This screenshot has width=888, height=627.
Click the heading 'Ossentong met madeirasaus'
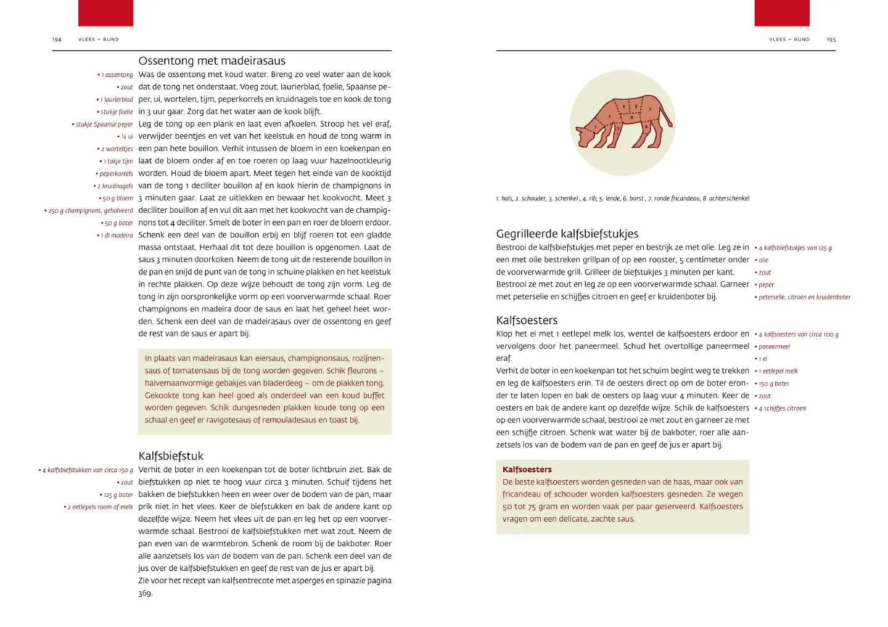click(x=212, y=61)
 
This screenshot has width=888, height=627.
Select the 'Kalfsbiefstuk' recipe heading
click(x=171, y=456)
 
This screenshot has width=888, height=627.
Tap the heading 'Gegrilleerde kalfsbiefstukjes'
click(x=567, y=234)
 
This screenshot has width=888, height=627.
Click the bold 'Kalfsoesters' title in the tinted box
click(x=527, y=470)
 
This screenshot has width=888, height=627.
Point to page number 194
click(x=57, y=39)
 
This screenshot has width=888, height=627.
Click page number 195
click(x=831, y=39)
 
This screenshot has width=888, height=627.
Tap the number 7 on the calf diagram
click(x=649, y=109)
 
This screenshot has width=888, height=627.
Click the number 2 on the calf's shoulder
click(x=609, y=116)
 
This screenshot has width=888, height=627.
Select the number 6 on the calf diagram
click(x=631, y=117)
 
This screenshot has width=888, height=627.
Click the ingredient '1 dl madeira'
click(x=117, y=236)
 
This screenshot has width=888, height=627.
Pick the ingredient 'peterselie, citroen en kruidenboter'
click(x=804, y=297)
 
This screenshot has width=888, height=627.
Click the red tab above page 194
click(x=105, y=13)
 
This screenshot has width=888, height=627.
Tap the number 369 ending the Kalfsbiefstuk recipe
click(x=145, y=593)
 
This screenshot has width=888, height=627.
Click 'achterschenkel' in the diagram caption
click(x=729, y=199)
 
